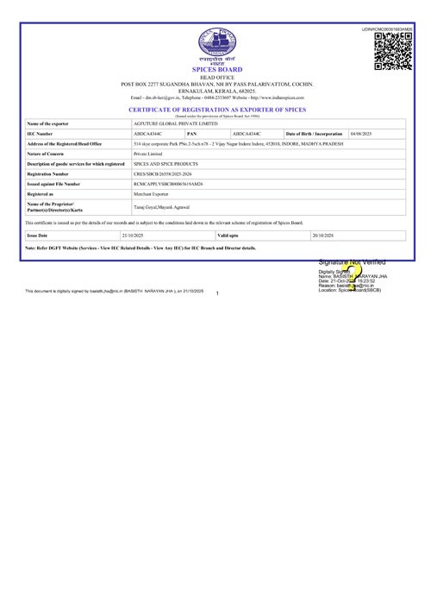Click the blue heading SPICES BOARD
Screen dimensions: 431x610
point(216,70)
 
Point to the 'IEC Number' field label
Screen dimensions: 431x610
point(41,135)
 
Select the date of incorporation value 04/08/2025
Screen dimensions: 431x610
point(361,135)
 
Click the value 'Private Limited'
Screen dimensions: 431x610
point(148,153)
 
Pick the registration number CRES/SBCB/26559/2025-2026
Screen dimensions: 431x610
point(165,173)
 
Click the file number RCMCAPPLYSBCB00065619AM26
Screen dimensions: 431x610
point(169,184)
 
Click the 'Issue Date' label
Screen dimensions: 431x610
point(38,235)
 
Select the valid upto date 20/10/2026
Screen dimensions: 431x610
point(328,235)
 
